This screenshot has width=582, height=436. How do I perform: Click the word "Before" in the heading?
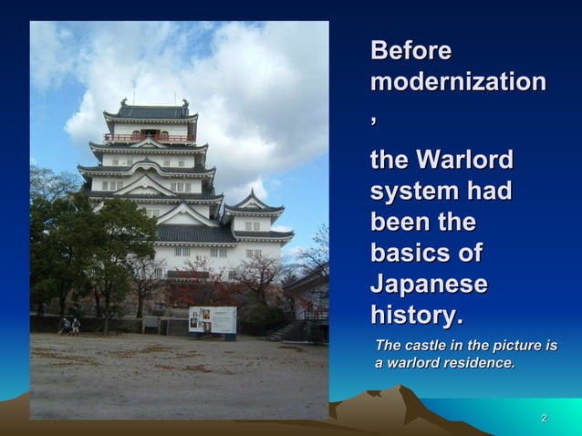click(x=411, y=51)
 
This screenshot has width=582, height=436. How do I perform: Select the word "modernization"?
click(x=458, y=83)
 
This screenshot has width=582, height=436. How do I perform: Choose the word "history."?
click(x=417, y=315)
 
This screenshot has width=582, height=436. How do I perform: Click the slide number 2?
click(x=544, y=419)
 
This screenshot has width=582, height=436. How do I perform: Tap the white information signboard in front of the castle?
click(x=212, y=319)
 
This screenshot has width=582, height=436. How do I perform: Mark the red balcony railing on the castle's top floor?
click(x=150, y=139)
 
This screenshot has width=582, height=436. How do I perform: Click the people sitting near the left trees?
click(x=69, y=325)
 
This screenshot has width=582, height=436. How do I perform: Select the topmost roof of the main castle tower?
click(x=151, y=110)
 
